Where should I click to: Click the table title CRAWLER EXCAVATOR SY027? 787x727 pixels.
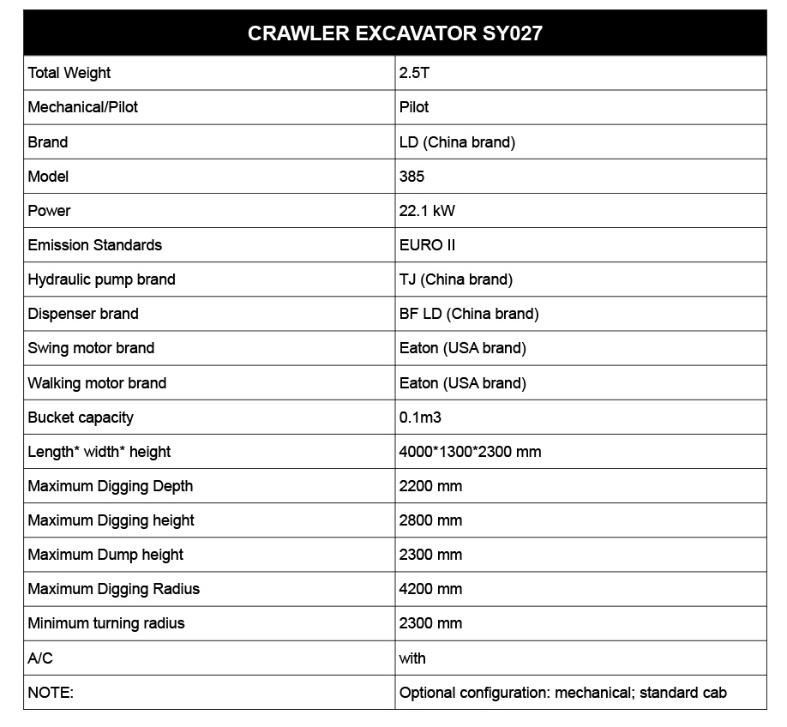pos(394,33)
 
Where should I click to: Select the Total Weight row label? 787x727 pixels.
pos(69,73)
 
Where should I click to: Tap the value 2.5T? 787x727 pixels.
pos(414,73)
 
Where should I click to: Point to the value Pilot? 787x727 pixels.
pos(414,107)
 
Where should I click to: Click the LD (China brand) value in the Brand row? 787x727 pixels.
pos(457,141)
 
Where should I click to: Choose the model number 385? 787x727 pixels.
pos(412,177)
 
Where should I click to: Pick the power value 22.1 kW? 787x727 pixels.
pos(427,211)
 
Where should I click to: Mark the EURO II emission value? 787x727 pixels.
pos(427,245)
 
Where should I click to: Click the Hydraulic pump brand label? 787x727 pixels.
pos(101,279)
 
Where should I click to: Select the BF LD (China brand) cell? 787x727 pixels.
pos(469,314)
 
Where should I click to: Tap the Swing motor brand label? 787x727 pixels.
pos(91,348)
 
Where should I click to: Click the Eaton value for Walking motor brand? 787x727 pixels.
pos(463,383)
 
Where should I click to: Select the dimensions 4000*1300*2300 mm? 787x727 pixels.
pos(470,452)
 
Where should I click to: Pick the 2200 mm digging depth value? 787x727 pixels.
pos(430,486)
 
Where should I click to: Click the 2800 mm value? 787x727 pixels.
pos(430,520)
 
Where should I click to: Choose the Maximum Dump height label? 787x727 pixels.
pos(105,555)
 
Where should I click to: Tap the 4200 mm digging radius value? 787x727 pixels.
pos(430,589)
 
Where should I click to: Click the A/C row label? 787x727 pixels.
pos(40,658)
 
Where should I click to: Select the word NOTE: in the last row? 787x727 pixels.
pos(51,693)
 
